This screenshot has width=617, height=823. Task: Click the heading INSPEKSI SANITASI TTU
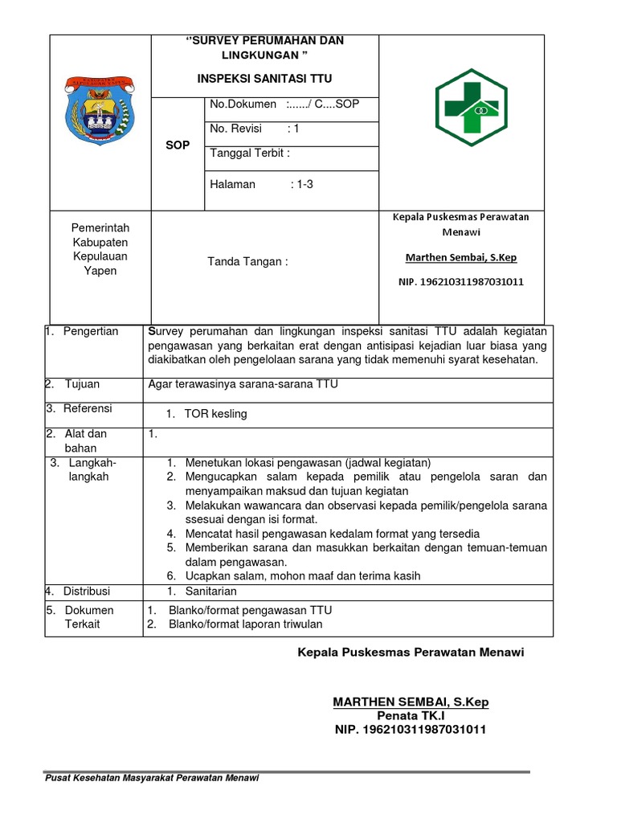(264, 79)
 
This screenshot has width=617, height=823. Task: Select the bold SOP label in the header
(178, 145)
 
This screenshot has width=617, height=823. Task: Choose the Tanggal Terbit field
(249, 154)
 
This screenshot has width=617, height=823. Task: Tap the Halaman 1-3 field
(260, 184)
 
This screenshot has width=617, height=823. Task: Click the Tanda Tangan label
(247, 261)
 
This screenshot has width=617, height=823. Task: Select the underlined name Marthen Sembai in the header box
(460, 257)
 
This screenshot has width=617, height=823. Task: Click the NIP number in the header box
(461, 282)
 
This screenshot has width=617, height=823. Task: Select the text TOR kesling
(215, 414)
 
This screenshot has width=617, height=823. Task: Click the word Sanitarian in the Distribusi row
(213, 592)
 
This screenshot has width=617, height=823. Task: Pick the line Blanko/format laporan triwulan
(245, 624)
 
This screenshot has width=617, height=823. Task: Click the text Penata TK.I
(411, 715)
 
